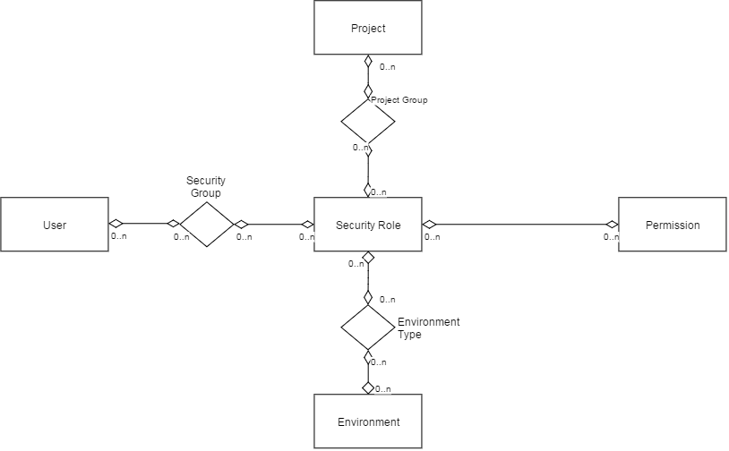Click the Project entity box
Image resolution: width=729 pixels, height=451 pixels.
coord(368,28)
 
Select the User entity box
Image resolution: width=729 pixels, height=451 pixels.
coord(55,225)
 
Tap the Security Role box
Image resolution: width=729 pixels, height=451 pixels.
coord(368,225)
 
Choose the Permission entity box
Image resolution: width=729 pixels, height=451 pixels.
coord(673,225)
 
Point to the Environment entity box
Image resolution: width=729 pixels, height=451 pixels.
coord(368,421)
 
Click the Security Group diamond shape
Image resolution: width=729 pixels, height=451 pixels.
coord(207,225)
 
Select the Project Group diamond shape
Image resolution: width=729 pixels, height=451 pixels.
coord(368,122)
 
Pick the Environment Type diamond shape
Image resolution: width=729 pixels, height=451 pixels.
coord(368,327)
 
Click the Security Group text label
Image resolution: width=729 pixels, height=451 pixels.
coord(205,187)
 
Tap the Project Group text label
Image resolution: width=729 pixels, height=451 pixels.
coord(399,100)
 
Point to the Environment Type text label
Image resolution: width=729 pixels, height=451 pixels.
coord(429,328)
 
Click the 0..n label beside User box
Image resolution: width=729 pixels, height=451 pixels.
coord(118,236)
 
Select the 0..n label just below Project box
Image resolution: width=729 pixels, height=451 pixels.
coord(387,67)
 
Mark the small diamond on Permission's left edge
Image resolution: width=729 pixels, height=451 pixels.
coord(613,225)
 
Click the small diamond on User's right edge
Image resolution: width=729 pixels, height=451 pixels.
coord(116,224)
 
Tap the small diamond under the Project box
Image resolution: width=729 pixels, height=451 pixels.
coord(368,61)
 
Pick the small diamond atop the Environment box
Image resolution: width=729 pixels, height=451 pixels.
coord(368,387)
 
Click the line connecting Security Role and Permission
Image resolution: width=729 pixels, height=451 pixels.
coord(520,225)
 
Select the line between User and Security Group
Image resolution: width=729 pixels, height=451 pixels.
coord(144,224)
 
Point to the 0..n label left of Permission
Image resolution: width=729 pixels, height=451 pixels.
coord(611,237)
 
